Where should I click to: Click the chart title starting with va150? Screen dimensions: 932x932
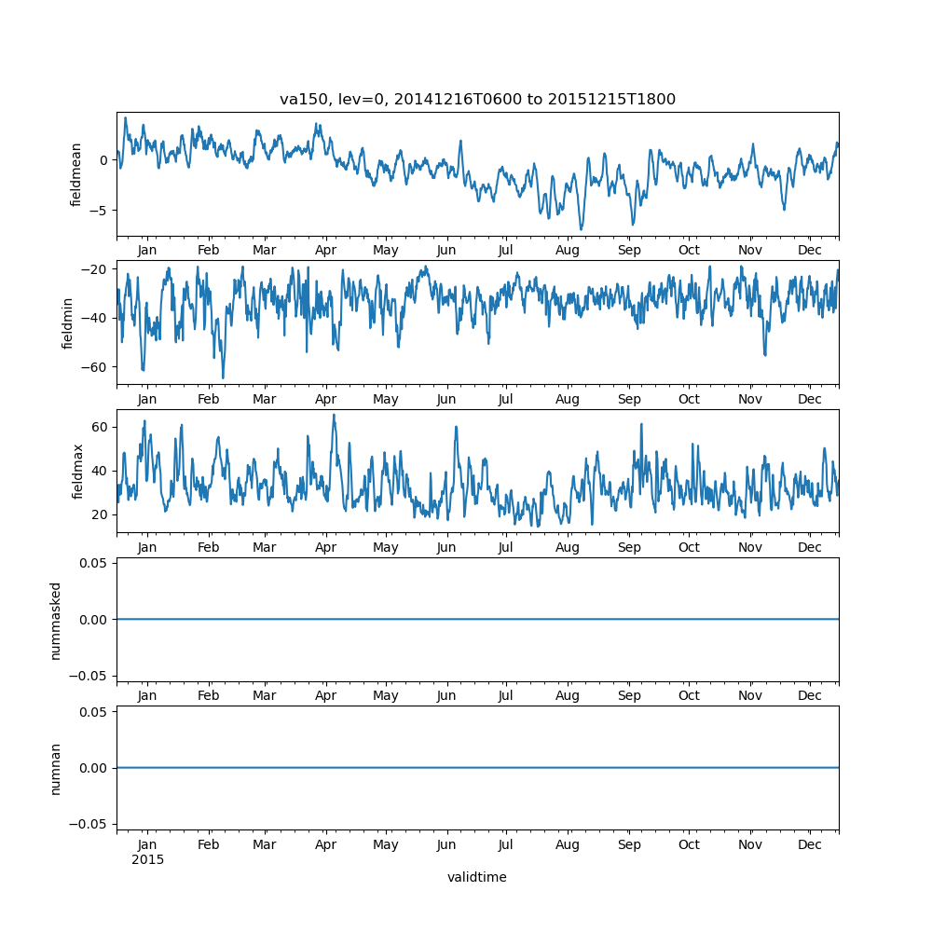point(477,99)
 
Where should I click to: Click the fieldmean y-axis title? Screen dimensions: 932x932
point(76,174)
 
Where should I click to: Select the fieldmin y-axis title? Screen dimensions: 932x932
point(67,322)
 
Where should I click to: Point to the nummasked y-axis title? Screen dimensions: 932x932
point(56,620)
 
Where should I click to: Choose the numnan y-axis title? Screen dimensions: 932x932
point(56,768)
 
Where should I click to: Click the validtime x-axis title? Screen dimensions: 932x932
point(476,877)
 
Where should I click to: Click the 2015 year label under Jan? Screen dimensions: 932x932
point(147,859)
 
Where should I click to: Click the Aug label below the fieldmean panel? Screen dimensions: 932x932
point(567,251)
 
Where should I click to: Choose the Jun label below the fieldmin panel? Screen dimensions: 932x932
point(446,399)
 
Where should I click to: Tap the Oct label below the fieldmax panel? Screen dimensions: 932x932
point(689,547)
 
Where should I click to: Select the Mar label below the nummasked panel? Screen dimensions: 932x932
point(265,695)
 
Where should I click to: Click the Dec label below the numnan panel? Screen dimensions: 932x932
point(810,844)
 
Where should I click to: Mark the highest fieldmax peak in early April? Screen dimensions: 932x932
point(334,415)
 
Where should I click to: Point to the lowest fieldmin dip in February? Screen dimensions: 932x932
point(223,377)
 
